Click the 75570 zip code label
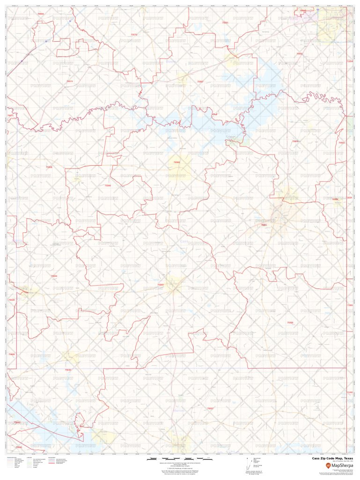click(x=134, y=35)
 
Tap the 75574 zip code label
click(x=69, y=81)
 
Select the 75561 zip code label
click(x=225, y=22)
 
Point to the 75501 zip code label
click(x=299, y=54)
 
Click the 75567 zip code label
click(x=200, y=81)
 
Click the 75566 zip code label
click(x=49, y=167)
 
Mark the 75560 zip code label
click(x=108, y=185)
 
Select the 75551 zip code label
click(x=264, y=225)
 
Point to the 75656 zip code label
click(x=54, y=276)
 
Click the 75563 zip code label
click(x=161, y=284)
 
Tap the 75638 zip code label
click(x=12, y=300)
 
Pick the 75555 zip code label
click(x=290, y=323)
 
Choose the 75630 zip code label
click(x=68, y=370)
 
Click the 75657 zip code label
click(x=210, y=408)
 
